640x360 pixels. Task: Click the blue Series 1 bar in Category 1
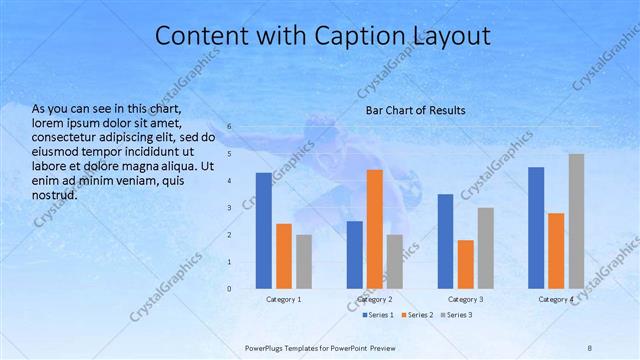pos(263,231)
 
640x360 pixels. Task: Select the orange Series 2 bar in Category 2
pos(374,229)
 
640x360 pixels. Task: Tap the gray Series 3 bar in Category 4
pos(576,221)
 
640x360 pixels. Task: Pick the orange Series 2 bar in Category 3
pos(465,264)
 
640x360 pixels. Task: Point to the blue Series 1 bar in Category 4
pos(536,228)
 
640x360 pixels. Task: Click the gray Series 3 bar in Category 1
pos(304,262)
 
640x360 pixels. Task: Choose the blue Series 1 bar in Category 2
pos(354,255)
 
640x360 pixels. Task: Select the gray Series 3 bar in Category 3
pos(485,248)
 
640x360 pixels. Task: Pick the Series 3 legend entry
pos(457,315)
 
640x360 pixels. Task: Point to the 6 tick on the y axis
pos(229,127)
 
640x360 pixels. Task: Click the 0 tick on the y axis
pos(229,289)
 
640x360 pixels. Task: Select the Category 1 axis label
pos(284,299)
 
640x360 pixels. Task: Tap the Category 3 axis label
pos(465,299)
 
